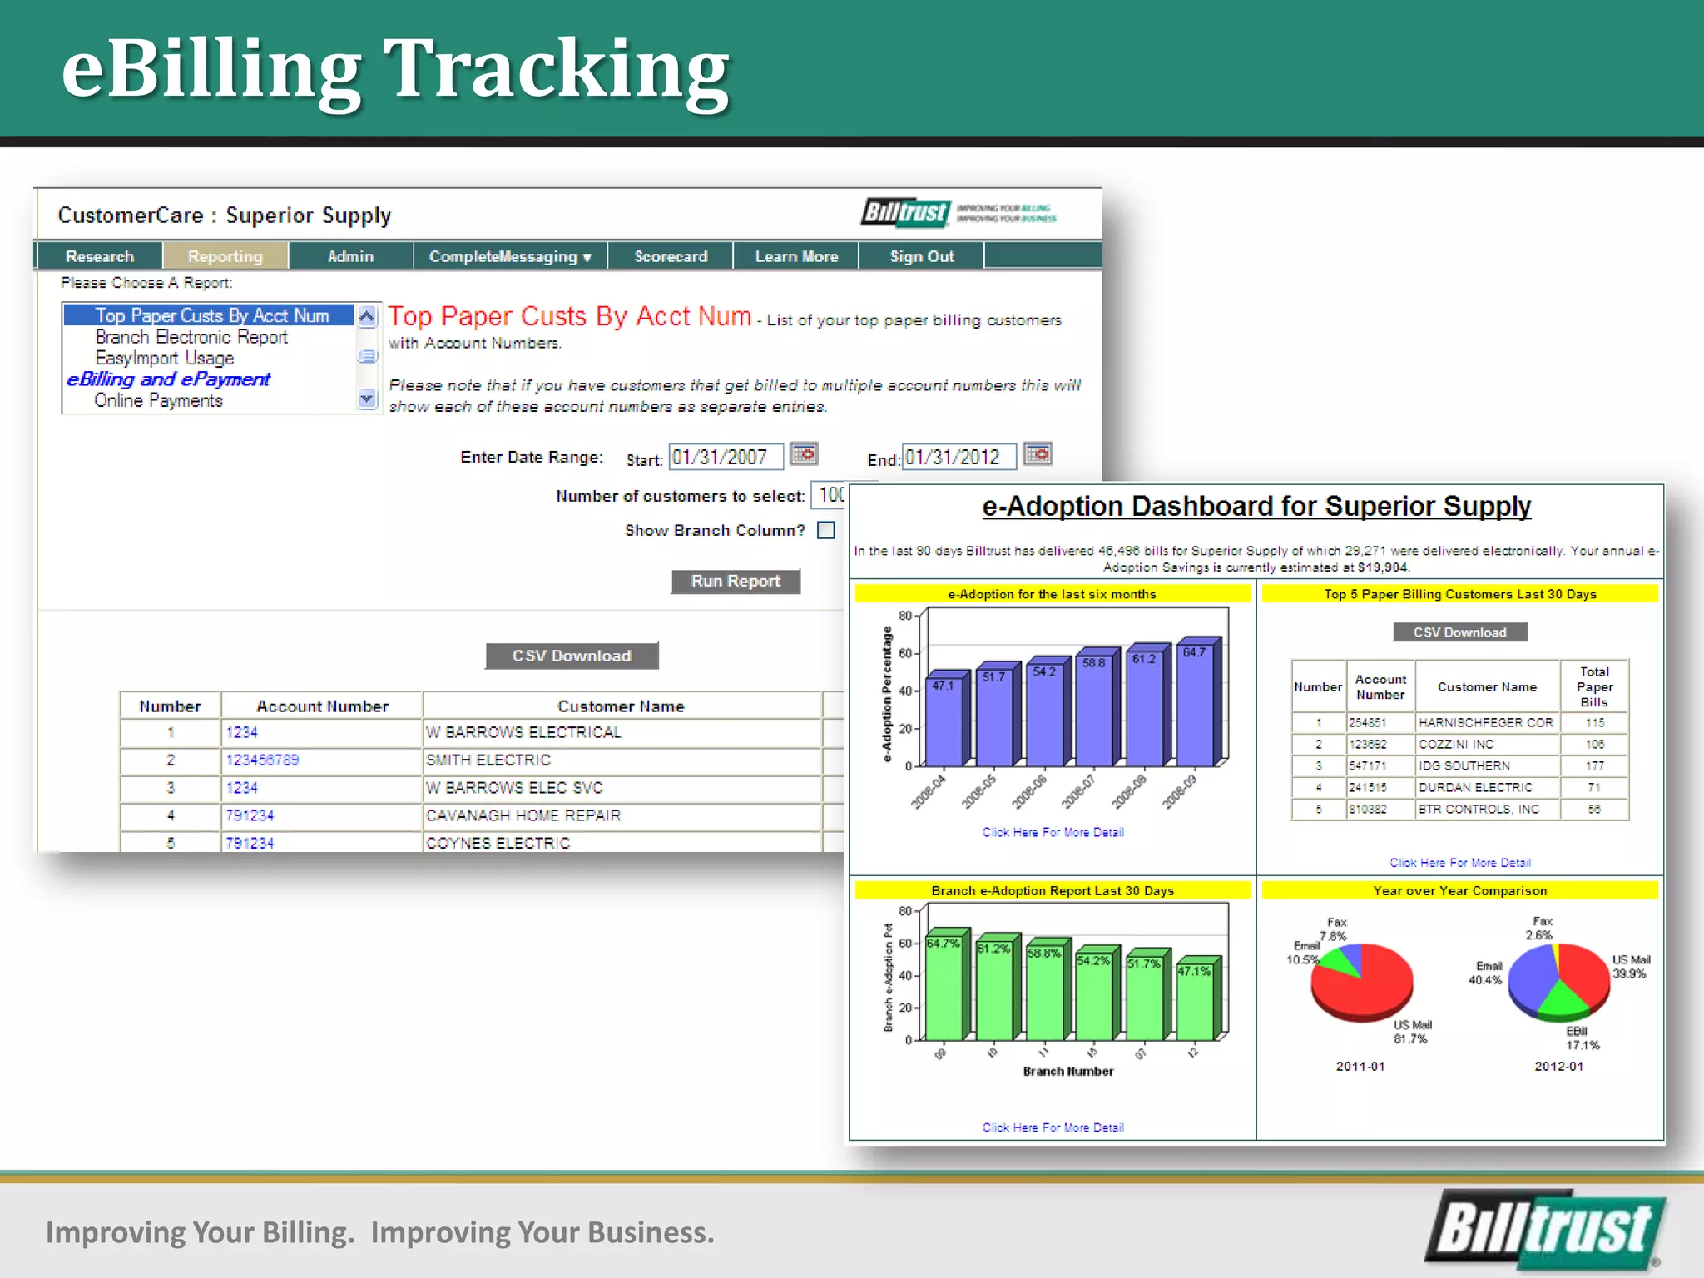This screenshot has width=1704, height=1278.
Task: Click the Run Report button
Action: [736, 581]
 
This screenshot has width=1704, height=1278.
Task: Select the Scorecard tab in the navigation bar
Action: [671, 256]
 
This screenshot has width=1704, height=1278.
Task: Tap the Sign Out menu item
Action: [921, 256]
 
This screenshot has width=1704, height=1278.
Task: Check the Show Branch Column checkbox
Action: [826, 530]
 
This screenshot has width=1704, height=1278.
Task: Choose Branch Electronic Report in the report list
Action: [191, 337]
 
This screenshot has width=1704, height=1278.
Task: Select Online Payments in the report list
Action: [158, 401]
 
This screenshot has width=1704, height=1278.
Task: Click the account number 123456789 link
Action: [262, 760]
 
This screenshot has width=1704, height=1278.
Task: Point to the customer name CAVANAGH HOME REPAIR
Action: [523, 815]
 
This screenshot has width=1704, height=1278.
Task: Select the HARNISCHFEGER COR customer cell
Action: [1486, 722]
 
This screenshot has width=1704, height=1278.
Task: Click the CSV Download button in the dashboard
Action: [1459, 632]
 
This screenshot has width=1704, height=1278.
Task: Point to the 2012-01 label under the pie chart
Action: [1558, 1066]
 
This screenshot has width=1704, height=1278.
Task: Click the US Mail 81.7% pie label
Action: [1412, 1032]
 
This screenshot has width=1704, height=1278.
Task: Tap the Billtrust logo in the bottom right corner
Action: [1544, 1229]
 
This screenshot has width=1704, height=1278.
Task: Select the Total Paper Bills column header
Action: [1594, 686]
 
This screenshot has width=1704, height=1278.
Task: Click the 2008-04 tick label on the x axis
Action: [929, 791]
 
